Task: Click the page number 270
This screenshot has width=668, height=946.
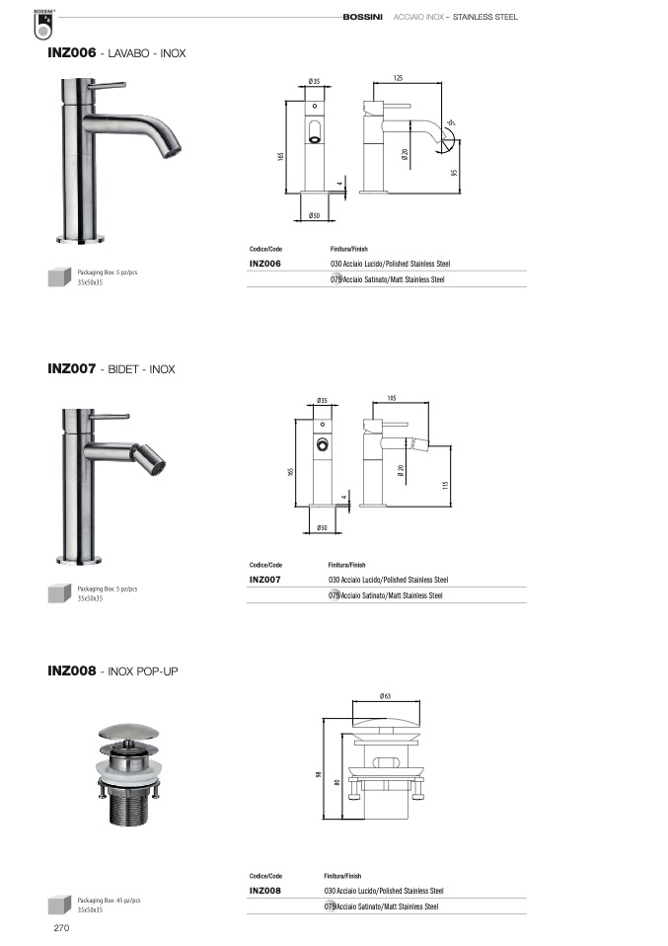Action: click(x=61, y=928)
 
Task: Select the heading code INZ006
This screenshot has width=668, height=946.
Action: click(x=72, y=52)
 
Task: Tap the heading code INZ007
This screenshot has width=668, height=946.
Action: click(x=72, y=368)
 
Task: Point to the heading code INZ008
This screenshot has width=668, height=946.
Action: click(x=72, y=670)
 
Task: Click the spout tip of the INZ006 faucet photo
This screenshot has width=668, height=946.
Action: click(x=172, y=150)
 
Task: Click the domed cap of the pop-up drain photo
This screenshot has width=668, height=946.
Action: click(x=129, y=732)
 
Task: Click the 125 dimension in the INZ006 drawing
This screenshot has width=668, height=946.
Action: click(x=398, y=78)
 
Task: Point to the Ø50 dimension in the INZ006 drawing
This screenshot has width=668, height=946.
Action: click(x=314, y=215)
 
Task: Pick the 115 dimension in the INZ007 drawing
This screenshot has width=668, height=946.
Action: click(x=446, y=485)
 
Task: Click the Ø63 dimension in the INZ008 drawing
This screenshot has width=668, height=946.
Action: click(x=385, y=695)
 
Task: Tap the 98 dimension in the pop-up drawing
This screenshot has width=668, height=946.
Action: click(x=319, y=774)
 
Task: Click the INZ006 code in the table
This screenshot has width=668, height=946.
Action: click(x=265, y=264)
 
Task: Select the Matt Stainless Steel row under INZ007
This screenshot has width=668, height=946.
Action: click(x=386, y=595)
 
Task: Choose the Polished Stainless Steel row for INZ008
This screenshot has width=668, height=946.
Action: click(x=384, y=891)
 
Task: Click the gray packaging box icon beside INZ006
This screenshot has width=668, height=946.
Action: click(x=59, y=276)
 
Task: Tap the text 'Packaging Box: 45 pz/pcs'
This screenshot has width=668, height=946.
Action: click(x=109, y=901)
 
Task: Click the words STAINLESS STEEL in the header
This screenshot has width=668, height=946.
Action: click(x=485, y=17)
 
